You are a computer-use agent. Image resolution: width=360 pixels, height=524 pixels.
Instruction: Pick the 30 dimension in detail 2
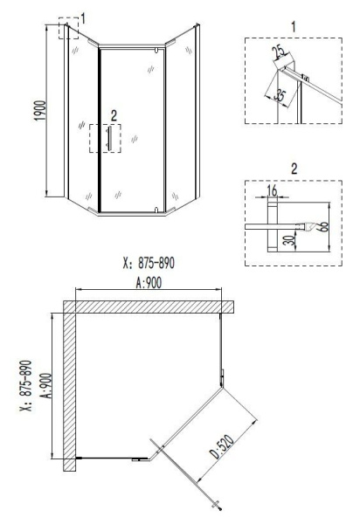click(x=290, y=240)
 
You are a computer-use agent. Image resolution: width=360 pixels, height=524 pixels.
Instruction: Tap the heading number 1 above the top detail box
click(x=292, y=26)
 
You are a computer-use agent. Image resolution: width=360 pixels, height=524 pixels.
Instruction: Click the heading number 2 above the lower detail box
click(x=292, y=163)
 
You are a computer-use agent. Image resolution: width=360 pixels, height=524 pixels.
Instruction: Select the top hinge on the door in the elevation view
click(x=155, y=54)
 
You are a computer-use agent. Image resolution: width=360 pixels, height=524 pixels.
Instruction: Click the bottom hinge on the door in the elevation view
click(x=155, y=208)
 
